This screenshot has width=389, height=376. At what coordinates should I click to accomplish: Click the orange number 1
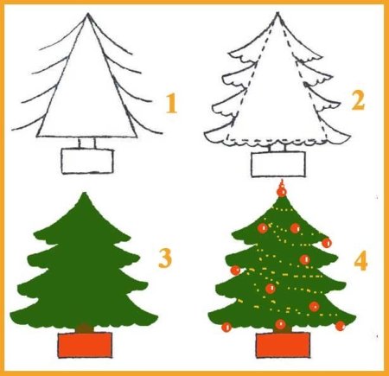(171, 104)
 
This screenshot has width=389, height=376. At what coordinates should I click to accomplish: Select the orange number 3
(165, 258)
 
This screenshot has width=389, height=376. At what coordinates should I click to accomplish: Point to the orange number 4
(360, 261)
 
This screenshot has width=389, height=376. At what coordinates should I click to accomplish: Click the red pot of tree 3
(85, 345)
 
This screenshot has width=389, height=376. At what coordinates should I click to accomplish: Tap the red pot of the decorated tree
(284, 345)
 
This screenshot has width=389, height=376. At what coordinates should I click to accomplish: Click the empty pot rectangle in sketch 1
(87, 161)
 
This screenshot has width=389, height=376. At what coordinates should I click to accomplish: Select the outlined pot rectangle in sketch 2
(278, 164)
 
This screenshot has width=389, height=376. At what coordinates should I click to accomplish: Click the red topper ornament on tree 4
(282, 190)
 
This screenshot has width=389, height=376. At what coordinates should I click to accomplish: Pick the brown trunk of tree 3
(85, 328)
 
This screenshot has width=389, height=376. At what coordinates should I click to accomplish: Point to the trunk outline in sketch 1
(86, 143)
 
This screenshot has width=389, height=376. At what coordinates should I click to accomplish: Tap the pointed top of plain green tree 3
(84, 193)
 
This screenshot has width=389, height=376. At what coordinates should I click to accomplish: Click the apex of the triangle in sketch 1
(87, 14)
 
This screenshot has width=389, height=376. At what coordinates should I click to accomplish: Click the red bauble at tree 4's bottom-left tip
(226, 327)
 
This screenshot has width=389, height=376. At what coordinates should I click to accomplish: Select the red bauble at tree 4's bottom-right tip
(341, 326)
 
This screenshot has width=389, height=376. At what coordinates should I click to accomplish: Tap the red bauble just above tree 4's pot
(280, 324)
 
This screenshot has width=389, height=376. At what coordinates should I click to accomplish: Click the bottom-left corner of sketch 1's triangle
(37, 137)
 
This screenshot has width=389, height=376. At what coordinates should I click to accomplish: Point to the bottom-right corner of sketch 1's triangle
(136, 137)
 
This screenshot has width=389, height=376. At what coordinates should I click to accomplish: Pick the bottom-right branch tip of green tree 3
(157, 317)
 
